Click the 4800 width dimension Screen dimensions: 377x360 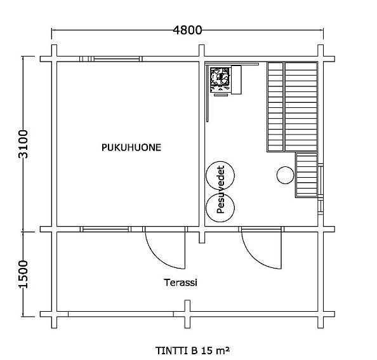click(x=187, y=30)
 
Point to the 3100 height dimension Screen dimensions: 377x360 click(x=23, y=144)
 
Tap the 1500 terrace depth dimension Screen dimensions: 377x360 click(x=23, y=274)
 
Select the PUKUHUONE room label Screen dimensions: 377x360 click(x=131, y=147)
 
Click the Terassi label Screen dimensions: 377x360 click(x=180, y=283)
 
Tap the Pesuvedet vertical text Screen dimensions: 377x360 click(x=220, y=189)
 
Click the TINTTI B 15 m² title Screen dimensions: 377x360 click(x=192, y=350)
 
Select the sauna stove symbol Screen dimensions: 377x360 click(x=220, y=79)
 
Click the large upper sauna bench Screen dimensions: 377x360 click(x=301, y=107)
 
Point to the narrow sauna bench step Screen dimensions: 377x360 click(x=275, y=107)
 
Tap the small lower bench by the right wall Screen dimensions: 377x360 click(x=307, y=175)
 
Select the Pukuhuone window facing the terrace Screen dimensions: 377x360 click(x=105, y=229)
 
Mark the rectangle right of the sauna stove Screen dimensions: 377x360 click(x=236, y=80)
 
